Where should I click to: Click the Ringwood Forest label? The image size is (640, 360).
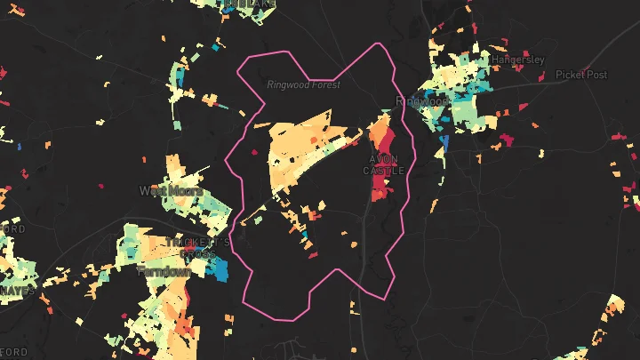[x=303, y=85]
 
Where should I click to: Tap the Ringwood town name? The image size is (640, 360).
[x=423, y=101]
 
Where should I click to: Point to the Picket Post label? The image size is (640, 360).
[x=581, y=75]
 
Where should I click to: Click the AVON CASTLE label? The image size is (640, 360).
[x=384, y=164]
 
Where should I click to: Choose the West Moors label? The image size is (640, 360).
[x=171, y=190]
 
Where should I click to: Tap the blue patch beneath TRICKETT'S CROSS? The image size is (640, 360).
[x=219, y=269]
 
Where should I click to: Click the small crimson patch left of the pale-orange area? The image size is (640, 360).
[x=254, y=152]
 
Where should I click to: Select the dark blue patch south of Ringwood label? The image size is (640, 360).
[x=444, y=140]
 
